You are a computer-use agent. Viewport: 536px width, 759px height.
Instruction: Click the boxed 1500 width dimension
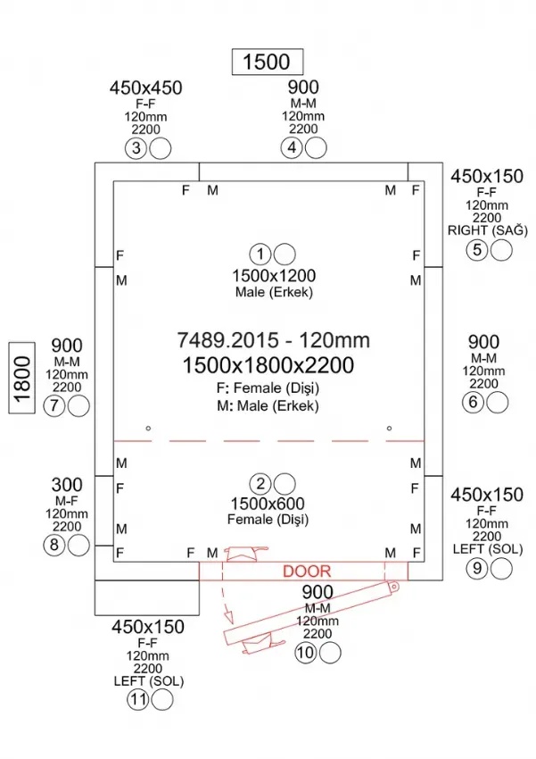point(267,61)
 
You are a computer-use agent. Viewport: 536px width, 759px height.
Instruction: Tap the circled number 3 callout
point(136,148)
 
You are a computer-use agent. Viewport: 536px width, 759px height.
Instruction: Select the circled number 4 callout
point(293,148)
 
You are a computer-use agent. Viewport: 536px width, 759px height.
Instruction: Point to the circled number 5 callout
point(478,249)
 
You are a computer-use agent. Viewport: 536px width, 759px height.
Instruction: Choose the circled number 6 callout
point(474,402)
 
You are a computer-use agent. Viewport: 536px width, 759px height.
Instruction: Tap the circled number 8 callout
point(55,545)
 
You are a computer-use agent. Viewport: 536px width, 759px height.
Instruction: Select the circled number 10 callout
point(307,653)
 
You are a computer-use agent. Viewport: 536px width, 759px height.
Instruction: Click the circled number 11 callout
point(136,700)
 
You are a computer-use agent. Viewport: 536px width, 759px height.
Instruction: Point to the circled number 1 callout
point(261,254)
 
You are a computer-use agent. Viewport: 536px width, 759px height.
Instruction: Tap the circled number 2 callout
point(261,484)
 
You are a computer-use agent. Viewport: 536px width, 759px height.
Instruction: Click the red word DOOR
point(307,571)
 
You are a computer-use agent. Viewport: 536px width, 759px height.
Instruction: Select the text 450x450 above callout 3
point(146,88)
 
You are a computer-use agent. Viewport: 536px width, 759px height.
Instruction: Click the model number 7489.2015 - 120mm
point(274,340)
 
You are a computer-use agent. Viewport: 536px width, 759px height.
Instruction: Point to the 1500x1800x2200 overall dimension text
point(268,364)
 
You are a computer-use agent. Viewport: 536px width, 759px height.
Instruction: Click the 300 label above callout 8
point(67,485)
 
